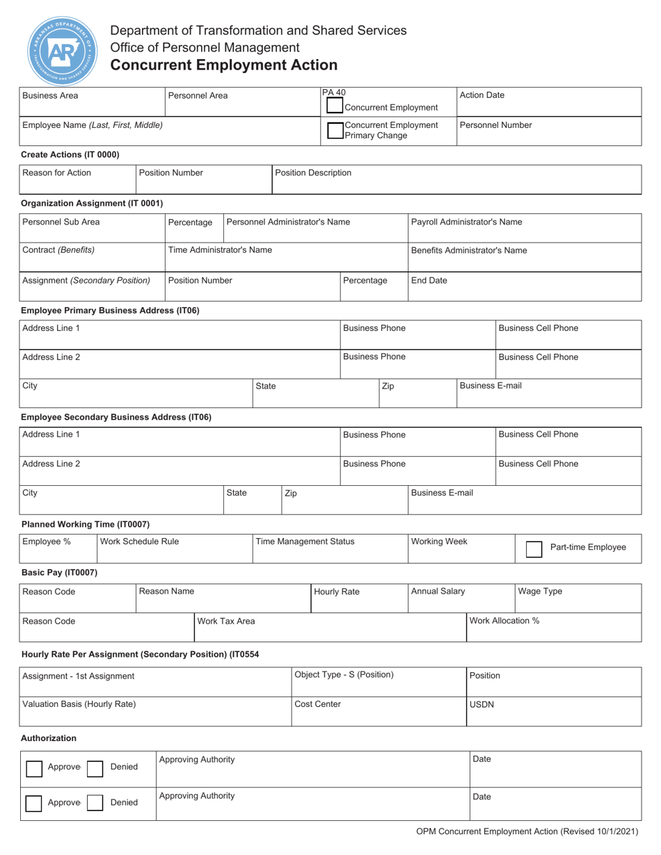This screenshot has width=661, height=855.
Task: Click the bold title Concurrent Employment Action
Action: (x=224, y=65)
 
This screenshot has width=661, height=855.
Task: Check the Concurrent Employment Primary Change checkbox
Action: (x=335, y=131)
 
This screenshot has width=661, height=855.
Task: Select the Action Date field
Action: (x=548, y=101)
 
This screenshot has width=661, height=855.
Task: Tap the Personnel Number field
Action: (x=548, y=131)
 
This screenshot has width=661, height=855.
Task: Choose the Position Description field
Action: (x=456, y=179)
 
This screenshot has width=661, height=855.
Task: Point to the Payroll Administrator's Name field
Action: (x=524, y=228)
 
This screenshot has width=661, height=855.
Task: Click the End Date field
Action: (x=524, y=286)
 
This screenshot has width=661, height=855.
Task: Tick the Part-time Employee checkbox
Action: (x=534, y=548)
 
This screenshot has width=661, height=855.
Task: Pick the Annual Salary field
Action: (x=460, y=598)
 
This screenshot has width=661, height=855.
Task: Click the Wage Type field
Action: (x=578, y=598)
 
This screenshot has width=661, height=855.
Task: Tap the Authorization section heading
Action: (x=49, y=738)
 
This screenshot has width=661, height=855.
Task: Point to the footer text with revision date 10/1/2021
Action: (x=527, y=831)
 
